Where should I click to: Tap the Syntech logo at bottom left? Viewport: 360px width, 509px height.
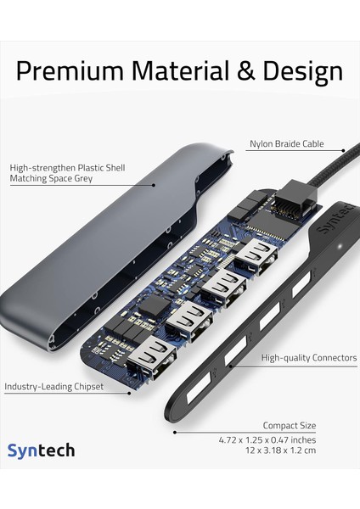42,451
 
